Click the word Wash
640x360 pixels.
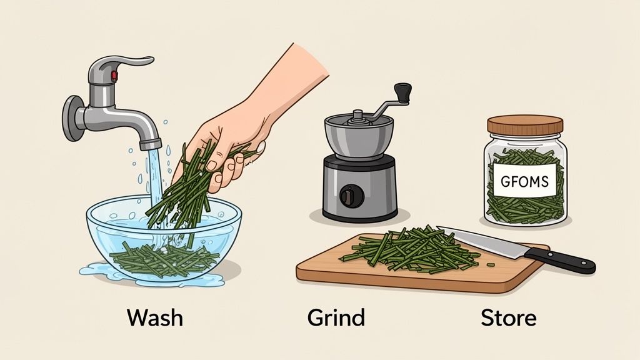[155, 317]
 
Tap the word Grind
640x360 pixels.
[336, 318]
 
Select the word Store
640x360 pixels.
[508, 317]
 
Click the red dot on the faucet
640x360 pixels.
[114, 76]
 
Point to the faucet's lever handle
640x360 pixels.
[128, 62]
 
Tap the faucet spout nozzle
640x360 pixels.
[150, 143]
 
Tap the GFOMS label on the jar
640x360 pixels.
[524, 182]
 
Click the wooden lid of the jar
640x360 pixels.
[525, 124]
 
